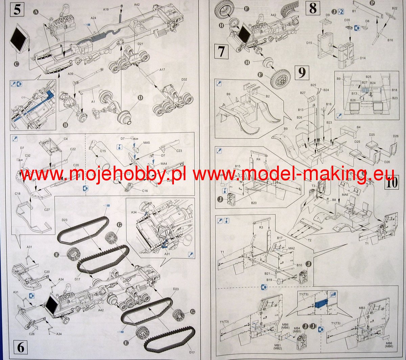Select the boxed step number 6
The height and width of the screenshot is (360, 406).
tap(21, 347)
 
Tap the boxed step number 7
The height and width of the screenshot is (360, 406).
tap(221, 51)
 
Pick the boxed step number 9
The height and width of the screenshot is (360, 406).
tap(302, 72)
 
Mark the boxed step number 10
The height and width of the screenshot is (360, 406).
tap(391, 183)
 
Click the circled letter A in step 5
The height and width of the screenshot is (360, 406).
tap(36, 12)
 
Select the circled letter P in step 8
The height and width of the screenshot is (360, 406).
tap(373, 3)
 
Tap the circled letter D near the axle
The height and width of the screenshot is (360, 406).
tap(140, 98)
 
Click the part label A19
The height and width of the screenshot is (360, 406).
tap(106, 9)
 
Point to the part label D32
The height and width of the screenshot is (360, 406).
tap(184, 80)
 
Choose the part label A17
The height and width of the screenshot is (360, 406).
tap(162, 70)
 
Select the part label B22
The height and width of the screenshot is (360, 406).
tap(394, 8)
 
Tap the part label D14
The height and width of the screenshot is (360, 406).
tap(362, 58)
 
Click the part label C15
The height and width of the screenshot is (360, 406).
tap(103, 151)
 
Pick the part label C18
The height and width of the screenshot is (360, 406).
tap(18, 194)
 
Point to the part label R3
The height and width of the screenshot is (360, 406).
tap(261, 227)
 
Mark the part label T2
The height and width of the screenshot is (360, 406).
tap(309, 240)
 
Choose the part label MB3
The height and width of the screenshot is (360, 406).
tap(362, 308)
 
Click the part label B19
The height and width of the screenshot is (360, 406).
tap(269, 280)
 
